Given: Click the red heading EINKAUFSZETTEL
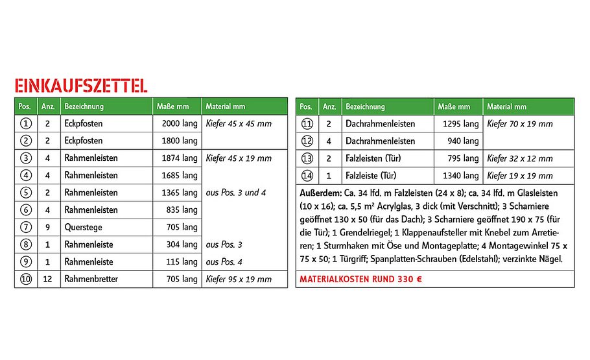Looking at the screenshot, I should click(x=80, y=86).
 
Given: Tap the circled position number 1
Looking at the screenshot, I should click(x=25, y=123).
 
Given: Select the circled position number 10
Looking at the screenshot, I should click(x=25, y=280).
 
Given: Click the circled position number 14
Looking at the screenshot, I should click(x=307, y=176).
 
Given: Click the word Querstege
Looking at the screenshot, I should click(x=82, y=228).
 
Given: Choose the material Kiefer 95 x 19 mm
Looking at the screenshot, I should click(x=239, y=280).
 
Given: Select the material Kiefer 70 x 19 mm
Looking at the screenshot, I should click(x=520, y=124).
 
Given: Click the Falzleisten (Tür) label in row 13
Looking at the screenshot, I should click(x=375, y=159).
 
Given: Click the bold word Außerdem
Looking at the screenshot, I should click(x=320, y=193).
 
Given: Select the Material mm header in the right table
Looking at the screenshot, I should click(x=507, y=106).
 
